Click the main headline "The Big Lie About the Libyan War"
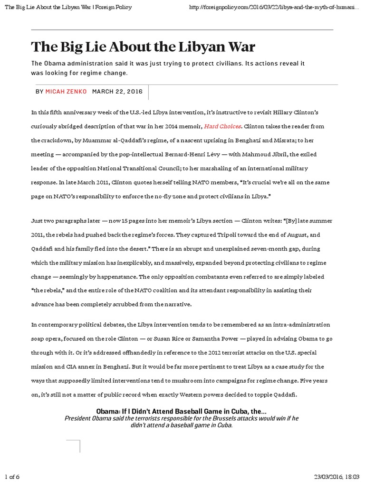(143, 47)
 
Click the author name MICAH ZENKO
(66, 91)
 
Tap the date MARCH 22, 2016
(117, 91)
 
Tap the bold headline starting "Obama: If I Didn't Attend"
(181, 410)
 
